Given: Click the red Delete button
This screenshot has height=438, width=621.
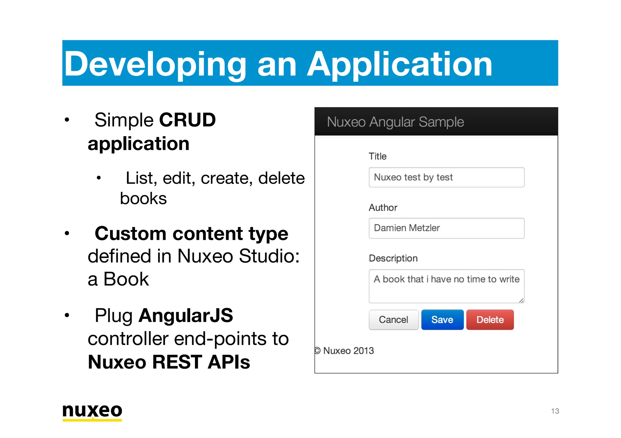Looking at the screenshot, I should [490, 320].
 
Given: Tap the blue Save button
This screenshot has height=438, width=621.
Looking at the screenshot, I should [442, 320].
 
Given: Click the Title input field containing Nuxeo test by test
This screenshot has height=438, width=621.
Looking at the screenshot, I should [446, 177].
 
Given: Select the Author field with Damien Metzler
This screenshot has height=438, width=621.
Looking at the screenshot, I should [446, 228].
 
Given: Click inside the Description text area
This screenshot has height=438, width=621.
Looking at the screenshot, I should [446, 286].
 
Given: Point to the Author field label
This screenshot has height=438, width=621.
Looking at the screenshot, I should [383, 208].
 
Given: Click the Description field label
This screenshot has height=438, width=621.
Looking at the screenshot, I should [393, 258].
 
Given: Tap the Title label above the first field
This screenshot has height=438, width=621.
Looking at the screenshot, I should [378, 156].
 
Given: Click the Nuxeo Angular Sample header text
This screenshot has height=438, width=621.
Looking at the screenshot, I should [395, 122].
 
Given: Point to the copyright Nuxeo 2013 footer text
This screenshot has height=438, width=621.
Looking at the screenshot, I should [344, 351].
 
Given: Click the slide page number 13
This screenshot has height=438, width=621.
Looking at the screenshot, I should [555, 411].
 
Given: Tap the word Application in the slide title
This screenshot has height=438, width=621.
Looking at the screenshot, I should [400, 64].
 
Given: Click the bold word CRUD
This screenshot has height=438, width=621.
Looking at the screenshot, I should [187, 120].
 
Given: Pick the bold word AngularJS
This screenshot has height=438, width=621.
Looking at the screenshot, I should [186, 315].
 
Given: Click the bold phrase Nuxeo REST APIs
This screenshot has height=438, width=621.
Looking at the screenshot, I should [169, 362].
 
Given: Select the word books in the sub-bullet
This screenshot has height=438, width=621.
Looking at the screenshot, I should [143, 199].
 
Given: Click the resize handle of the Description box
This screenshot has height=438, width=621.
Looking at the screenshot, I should [521, 300].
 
